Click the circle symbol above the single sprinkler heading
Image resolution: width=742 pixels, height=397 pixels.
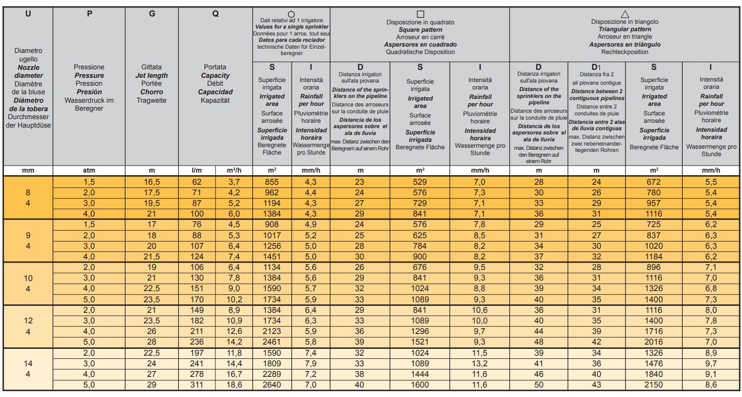tap(291, 14)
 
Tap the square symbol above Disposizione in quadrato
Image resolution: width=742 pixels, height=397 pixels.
tap(420, 14)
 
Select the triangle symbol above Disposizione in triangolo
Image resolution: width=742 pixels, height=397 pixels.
tap(625, 14)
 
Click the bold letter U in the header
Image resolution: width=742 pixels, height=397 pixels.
tap(28, 14)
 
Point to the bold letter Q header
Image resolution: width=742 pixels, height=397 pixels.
tap(215, 14)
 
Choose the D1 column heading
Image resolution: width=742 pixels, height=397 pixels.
tap(596, 67)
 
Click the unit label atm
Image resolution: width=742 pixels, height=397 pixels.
tap(89, 170)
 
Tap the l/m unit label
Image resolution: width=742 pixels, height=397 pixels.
tap(197, 170)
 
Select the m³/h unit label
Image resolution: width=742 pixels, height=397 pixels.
tap(234, 170)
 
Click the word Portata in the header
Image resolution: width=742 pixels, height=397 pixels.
tap(215, 67)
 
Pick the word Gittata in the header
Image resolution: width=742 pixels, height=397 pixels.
tap(151, 67)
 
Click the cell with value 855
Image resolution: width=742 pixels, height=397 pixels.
tap(272, 182)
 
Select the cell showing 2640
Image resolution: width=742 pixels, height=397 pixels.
tap(272, 385)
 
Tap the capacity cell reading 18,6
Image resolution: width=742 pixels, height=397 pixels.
tap(234, 385)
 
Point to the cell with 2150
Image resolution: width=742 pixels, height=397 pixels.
tap(654, 385)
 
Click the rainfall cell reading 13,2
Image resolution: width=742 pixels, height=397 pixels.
tap(479, 364)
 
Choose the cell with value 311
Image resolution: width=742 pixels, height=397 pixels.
tap(197, 385)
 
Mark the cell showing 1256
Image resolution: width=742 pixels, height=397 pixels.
tap(272, 246)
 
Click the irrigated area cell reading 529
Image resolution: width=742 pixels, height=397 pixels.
tap(420, 182)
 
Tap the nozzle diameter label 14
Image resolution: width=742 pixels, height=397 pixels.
tap(28, 364)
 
